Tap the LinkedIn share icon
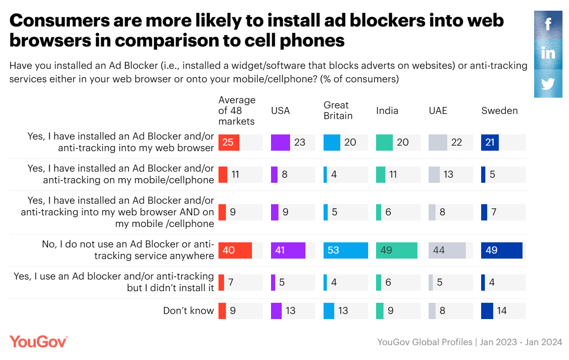coord(548,53)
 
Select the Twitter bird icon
coord(548,84)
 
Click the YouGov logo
coord(39,341)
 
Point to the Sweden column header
coord(499,111)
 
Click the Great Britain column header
coord(338,111)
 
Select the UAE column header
coord(438,111)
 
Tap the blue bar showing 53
coord(345,250)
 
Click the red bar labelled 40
coord(235,250)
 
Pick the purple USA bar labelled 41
coord(288,250)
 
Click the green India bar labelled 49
coord(397,250)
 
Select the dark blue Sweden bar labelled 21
coord(490,143)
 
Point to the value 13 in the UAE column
coord(448,175)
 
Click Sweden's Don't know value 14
coord(502,310)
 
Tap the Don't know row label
coord(188,310)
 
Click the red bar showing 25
coord(229,143)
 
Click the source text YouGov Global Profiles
coord(424,342)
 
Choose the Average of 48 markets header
coord(237,111)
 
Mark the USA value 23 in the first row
coord(300,143)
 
